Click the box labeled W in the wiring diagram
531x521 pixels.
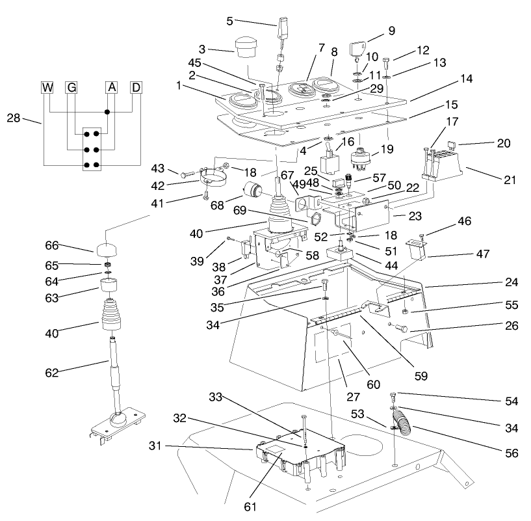48,88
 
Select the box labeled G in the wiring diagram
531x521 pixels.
71,88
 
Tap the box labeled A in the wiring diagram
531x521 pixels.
112,88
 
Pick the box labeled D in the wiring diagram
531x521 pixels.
136,88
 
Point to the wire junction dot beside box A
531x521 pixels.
108,113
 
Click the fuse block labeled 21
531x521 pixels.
442,163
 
